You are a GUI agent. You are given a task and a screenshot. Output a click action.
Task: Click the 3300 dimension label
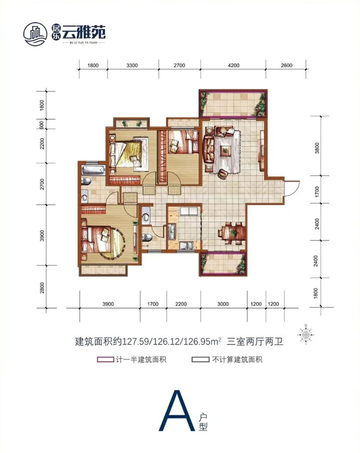point(133,65)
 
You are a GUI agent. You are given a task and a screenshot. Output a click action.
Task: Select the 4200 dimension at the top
point(233,65)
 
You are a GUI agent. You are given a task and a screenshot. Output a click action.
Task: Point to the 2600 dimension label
point(287,65)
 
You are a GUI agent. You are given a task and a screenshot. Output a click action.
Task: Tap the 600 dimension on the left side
point(42,125)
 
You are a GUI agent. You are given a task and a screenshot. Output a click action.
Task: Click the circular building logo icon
point(35,33)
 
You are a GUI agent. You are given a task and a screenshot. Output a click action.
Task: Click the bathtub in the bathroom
point(92,171)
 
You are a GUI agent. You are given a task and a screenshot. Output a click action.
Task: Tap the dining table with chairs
point(231,232)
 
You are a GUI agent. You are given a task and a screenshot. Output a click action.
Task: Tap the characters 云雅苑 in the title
point(84,32)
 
